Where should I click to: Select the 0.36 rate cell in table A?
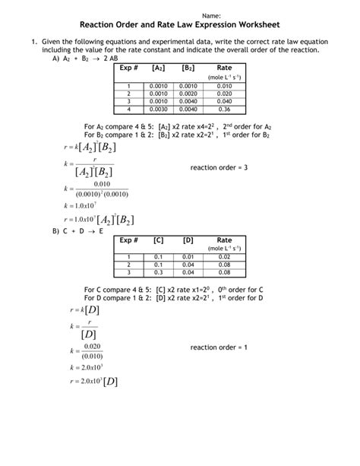(223, 109)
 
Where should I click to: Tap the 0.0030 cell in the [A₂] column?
(159, 109)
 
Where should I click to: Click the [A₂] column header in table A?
(159, 68)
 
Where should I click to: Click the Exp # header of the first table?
(129, 68)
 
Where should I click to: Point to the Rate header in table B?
(223, 240)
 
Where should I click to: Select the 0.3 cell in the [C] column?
(159, 272)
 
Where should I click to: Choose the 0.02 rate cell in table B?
(223, 257)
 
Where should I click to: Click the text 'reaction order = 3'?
(219, 166)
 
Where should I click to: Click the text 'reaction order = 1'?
(219, 347)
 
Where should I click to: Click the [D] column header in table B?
(188, 240)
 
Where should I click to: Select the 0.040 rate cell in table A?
(223, 101)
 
